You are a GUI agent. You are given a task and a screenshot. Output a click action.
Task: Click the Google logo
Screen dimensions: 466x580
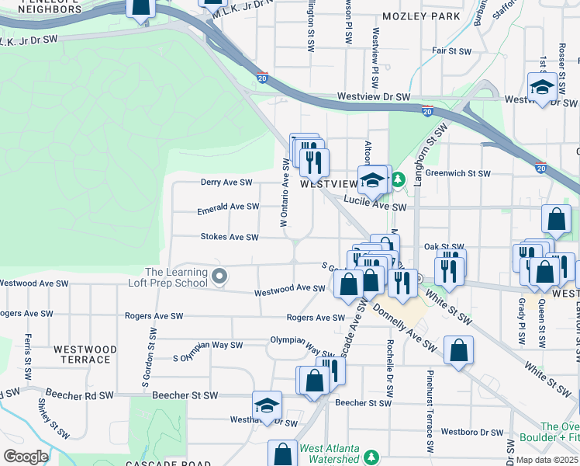click(x=26, y=456)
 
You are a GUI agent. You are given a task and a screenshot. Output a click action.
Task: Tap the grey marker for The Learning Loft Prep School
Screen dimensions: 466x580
click(x=220, y=276)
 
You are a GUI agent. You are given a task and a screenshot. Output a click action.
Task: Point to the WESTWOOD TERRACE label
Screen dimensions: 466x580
click(x=85, y=355)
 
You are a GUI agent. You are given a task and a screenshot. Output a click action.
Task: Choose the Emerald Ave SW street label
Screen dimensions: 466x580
click(x=227, y=207)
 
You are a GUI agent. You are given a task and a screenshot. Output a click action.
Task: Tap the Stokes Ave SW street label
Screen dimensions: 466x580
click(x=229, y=237)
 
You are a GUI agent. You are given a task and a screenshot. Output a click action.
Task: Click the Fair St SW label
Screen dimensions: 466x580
click(x=452, y=51)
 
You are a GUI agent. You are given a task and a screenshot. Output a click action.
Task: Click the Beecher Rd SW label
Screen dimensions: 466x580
click(x=79, y=395)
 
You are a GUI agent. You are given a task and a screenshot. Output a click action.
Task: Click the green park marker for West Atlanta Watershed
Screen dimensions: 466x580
click(x=372, y=455)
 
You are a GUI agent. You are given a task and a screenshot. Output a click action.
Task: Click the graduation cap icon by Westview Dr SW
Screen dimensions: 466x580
click(x=540, y=87)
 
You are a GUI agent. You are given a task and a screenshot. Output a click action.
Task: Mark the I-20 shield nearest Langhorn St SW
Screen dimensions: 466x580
click(x=427, y=112)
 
